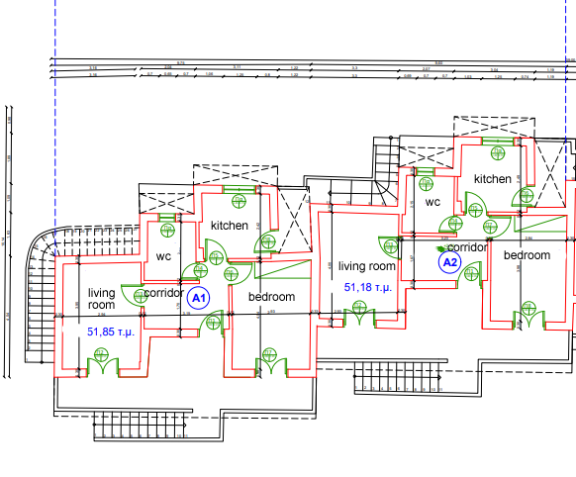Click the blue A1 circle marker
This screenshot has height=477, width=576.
click(x=197, y=297)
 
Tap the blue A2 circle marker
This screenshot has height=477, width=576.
click(x=450, y=262)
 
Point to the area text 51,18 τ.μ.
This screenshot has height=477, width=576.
click(x=368, y=286)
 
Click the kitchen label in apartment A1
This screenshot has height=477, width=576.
click(x=229, y=226)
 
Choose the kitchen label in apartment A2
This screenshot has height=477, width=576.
click(x=492, y=179)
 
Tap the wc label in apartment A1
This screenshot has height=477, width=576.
click(x=164, y=255)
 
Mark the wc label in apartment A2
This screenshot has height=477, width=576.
click(x=432, y=202)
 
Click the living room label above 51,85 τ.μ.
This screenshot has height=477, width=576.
click(x=102, y=299)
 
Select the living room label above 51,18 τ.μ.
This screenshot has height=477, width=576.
click(x=366, y=265)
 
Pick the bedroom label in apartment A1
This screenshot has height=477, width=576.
click(x=272, y=297)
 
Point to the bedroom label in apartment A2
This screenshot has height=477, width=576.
click(x=527, y=255)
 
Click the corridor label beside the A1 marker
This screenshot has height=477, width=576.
click(x=164, y=293)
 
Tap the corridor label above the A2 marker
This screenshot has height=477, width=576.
click(x=467, y=247)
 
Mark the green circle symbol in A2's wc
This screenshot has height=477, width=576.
click(x=429, y=181)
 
